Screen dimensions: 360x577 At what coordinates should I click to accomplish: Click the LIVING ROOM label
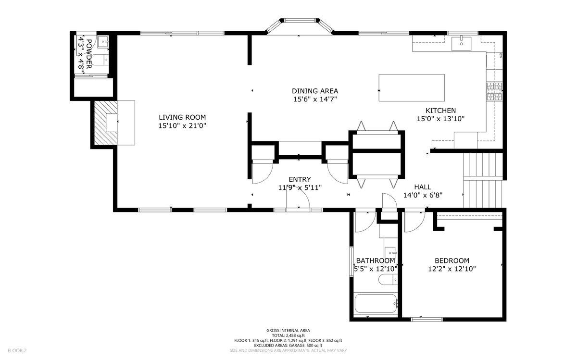(x=182, y=117)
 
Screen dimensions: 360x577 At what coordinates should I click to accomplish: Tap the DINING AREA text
(x=315, y=91)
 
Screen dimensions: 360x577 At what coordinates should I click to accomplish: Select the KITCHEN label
(x=440, y=111)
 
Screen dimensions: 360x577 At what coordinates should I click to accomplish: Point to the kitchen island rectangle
(x=411, y=87)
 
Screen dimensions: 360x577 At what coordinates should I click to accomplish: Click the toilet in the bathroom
(x=386, y=279)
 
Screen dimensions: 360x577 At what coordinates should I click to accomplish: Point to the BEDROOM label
(x=452, y=261)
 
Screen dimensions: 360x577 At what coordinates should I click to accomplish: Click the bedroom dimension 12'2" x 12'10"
(x=452, y=269)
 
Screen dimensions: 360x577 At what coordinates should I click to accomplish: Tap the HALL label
(x=423, y=187)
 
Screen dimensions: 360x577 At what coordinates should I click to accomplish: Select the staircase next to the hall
(x=482, y=180)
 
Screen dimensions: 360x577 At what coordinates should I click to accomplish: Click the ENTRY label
(x=300, y=179)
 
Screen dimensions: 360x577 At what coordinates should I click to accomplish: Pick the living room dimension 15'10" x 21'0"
(x=182, y=125)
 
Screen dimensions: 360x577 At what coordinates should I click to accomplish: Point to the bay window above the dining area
(x=300, y=26)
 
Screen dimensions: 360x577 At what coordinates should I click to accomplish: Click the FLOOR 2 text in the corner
(x=16, y=350)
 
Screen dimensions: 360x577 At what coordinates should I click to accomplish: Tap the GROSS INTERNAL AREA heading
(x=288, y=330)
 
